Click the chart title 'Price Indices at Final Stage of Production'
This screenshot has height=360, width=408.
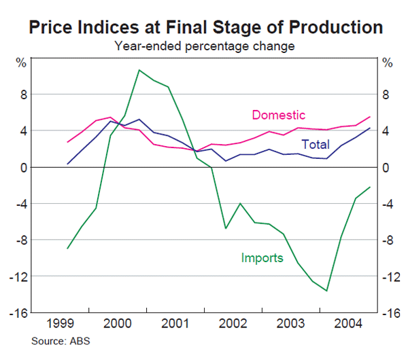(x=204, y=27)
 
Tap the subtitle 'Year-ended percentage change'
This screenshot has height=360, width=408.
(x=204, y=47)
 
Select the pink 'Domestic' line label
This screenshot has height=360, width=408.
(x=278, y=115)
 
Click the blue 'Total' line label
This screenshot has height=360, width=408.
(x=315, y=145)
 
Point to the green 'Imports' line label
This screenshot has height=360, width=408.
(x=262, y=257)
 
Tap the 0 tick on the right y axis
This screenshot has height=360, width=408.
(x=386, y=167)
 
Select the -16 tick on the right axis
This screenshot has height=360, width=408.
(x=390, y=313)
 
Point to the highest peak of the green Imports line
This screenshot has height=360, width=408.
(x=139, y=70)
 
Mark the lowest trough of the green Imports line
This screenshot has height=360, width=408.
(x=326, y=291)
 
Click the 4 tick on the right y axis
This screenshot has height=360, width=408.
(x=386, y=131)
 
